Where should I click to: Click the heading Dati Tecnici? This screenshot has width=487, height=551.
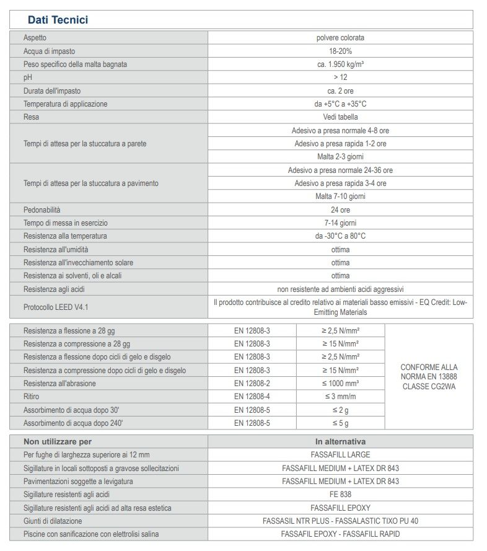click(x=58, y=20)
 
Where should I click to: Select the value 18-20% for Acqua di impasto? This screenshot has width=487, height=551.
click(x=340, y=51)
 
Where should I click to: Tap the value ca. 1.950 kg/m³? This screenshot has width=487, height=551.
click(x=340, y=64)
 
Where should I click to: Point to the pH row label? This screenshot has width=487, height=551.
click(x=27, y=77)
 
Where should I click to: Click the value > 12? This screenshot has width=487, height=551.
click(x=340, y=77)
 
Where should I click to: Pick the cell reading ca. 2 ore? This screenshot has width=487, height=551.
click(x=340, y=90)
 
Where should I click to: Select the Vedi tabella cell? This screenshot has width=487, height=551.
click(x=340, y=117)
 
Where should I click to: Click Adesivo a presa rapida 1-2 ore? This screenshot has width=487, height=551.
click(x=340, y=144)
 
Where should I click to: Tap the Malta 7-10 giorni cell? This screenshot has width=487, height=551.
click(x=340, y=196)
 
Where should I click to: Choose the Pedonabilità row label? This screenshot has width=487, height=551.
click(x=42, y=210)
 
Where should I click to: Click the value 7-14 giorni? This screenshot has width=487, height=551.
click(x=340, y=223)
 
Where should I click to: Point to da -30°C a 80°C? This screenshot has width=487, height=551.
click(x=340, y=236)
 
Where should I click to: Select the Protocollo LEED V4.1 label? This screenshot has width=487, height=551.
click(x=56, y=307)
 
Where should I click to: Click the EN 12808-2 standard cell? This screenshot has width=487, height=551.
click(x=252, y=384)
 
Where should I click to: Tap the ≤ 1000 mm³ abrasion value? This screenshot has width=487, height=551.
click(x=340, y=384)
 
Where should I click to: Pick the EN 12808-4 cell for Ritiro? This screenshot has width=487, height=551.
click(x=252, y=397)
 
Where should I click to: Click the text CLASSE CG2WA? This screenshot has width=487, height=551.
click(x=429, y=386)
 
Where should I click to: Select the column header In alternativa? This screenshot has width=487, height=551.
click(x=340, y=442)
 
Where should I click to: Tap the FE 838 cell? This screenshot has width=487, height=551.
click(x=340, y=495)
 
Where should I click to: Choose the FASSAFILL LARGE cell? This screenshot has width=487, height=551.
click(x=340, y=455)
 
